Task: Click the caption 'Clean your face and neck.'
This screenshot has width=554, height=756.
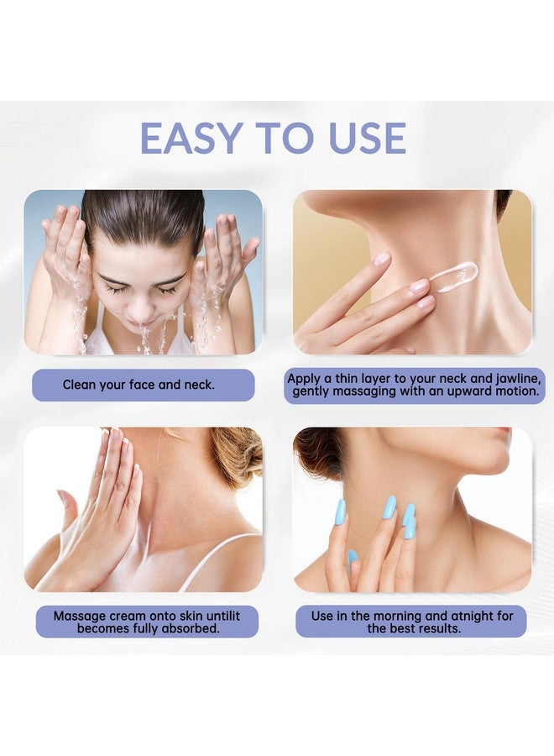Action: [138, 385]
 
